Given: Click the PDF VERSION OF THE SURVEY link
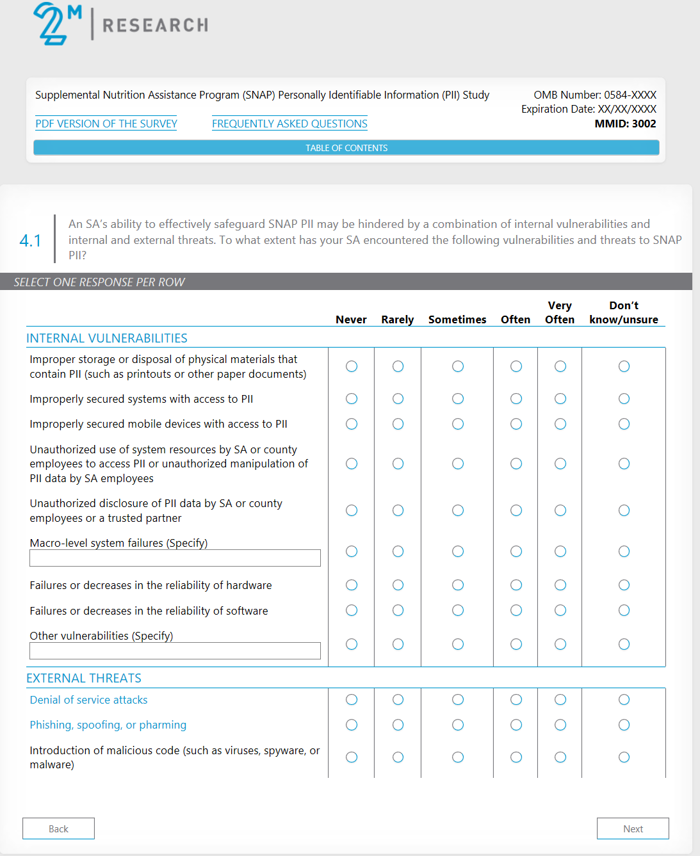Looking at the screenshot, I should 106,124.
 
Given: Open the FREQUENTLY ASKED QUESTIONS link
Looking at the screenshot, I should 289,124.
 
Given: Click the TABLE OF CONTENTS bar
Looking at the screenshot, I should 346,148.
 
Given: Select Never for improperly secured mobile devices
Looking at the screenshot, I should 352,424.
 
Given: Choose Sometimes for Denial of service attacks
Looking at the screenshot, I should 458,700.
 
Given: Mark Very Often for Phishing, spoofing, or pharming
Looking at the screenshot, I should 560,725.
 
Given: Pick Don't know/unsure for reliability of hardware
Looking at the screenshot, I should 624,585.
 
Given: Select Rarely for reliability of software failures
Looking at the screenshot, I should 398,611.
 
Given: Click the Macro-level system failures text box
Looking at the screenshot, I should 175,558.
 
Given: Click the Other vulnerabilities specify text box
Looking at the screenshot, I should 175,651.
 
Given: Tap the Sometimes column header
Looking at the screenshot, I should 457,319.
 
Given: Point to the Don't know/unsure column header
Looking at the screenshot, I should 624,312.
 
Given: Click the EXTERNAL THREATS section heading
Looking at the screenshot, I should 84,678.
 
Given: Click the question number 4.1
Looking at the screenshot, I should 30,241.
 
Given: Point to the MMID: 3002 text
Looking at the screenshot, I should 625,124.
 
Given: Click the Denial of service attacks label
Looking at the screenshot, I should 88,700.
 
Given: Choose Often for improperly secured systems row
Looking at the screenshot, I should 516,399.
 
